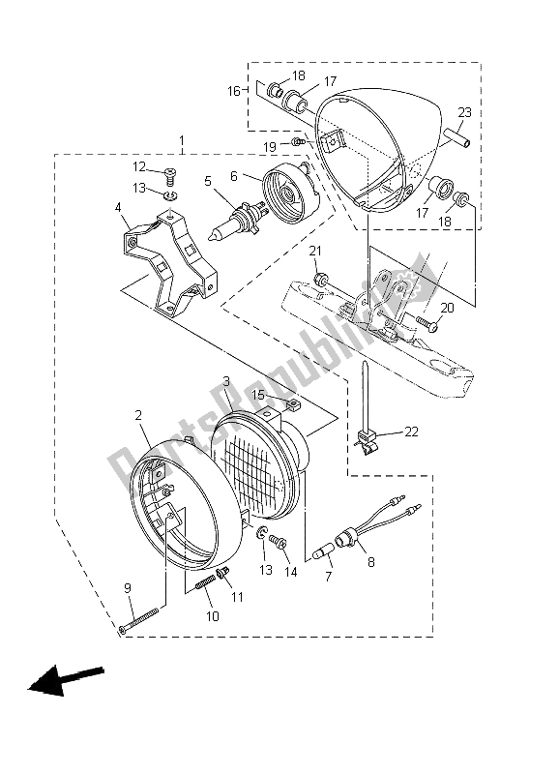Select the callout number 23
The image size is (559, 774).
tap(464, 112)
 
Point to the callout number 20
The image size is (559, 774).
tap(446, 308)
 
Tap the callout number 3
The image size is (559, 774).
tap(225, 383)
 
